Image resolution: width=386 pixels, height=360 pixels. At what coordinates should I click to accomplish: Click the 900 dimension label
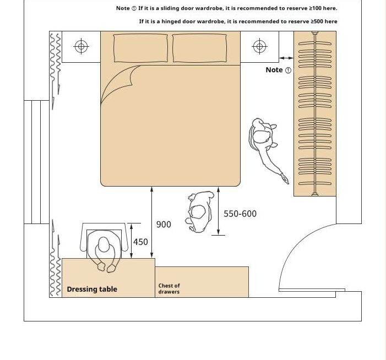coord(164,225)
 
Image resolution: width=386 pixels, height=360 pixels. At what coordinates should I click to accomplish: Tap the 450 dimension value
coord(140,242)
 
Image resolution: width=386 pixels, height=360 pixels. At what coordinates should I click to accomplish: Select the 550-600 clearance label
coord(240,214)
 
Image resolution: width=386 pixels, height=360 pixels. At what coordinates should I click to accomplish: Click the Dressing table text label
coord(92,289)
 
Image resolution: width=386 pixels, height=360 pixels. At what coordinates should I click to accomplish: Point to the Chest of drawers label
coord(169,288)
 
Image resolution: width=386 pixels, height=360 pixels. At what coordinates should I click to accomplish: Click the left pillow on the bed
coord(140,48)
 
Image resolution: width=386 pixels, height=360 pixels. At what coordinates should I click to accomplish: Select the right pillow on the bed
coord(199,48)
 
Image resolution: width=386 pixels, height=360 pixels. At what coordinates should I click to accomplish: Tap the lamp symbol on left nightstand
coord(81,46)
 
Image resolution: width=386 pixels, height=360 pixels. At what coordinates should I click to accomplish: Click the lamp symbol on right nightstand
coord(259,46)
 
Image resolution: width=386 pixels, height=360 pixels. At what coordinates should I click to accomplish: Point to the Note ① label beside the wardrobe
coord(278,70)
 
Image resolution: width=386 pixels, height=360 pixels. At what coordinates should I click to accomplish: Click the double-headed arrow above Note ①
coord(286,58)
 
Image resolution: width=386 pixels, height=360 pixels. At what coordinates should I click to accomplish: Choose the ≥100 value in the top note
coord(316,8)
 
